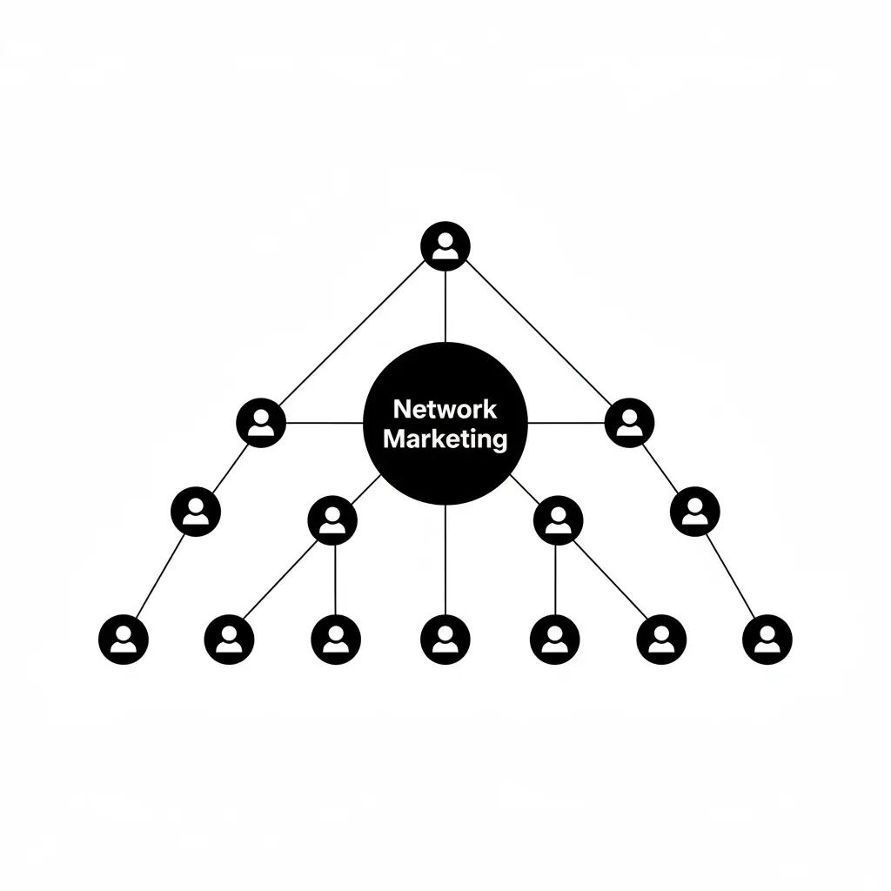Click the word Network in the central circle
[445, 409]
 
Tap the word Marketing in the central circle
[445, 439]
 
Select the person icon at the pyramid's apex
[445, 246]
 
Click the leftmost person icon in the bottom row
[124, 640]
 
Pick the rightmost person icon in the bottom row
[767, 640]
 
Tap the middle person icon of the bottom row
[445, 640]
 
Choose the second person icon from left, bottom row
[229, 640]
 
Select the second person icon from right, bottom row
[661, 640]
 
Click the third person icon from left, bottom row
[336, 640]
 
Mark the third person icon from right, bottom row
[554, 640]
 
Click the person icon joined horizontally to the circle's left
[261, 423]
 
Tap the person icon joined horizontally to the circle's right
[630, 423]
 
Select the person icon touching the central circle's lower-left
[332, 520]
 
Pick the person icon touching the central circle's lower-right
[558, 520]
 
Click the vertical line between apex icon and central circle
[445, 307]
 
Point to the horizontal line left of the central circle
[325, 423]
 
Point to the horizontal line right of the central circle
[566, 423]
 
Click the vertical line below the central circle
[445, 559]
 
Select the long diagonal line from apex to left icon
[352, 333]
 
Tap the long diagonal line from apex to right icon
[539, 333]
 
